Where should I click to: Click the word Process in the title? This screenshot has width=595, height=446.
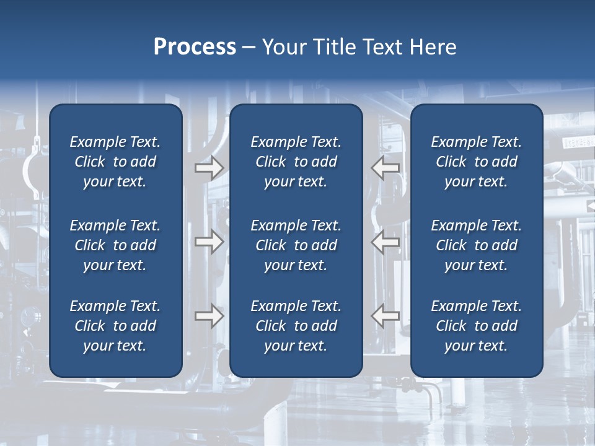pos(195,47)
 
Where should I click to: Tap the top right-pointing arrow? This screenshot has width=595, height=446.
pos(209,168)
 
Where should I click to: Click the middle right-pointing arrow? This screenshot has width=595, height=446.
pos(209,242)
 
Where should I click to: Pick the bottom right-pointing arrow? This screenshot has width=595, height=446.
pos(209,316)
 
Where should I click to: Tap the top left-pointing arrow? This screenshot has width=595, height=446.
pos(385,168)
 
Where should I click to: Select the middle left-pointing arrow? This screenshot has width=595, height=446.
pos(385,242)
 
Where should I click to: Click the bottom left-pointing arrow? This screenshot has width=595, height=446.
pos(385,316)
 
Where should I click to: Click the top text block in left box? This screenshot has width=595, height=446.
pos(115,162)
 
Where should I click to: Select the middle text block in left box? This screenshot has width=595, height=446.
pos(115,245)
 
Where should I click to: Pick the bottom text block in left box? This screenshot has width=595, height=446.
pos(115,326)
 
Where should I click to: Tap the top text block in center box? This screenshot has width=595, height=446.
pos(296,162)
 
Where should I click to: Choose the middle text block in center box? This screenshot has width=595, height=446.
pos(296,245)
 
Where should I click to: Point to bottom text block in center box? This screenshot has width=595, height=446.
pos(296,326)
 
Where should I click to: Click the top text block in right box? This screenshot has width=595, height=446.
pos(476,162)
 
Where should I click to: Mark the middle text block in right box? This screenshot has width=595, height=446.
pos(476,245)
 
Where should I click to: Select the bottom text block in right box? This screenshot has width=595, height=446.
pos(476,326)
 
